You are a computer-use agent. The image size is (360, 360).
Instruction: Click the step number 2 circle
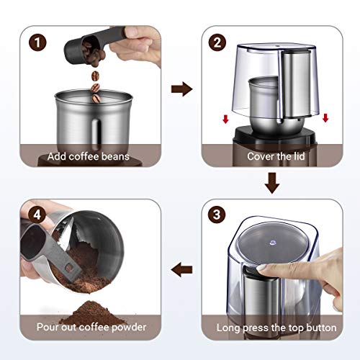click(215, 42)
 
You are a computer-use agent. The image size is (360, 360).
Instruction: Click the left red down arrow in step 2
click(225, 117)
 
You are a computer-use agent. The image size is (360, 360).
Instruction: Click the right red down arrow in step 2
click(325, 117)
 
